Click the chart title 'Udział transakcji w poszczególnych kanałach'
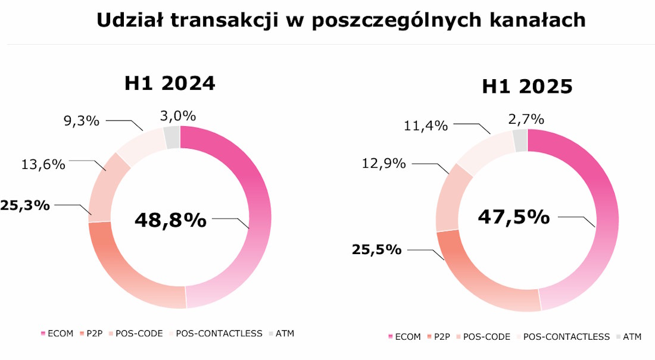[x=341, y=20]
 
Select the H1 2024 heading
[x=170, y=84]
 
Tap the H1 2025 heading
[x=527, y=87]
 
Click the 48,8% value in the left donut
[x=170, y=220]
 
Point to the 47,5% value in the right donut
[x=513, y=217]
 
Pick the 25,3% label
[x=24, y=206]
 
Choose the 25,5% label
[x=376, y=249]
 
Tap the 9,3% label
[x=82, y=121]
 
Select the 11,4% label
[x=424, y=125]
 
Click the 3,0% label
[x=178, y=116]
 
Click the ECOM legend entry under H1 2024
[x=57, y=334]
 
